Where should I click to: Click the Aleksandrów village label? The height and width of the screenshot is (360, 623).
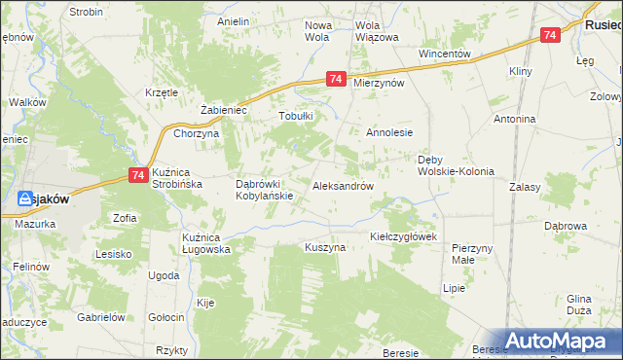(x=344, y=185)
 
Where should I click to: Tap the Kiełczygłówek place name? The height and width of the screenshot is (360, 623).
(x=406, y=236)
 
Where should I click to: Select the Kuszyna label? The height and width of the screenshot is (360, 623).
(x=325, y=248)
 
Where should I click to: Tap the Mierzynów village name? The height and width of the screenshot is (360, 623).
(x=380, y=84)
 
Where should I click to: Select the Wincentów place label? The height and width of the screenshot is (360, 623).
(x=445, y=54)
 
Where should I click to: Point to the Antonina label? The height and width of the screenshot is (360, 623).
(x=515, y=119)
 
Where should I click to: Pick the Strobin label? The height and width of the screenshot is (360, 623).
(x=87, y=12)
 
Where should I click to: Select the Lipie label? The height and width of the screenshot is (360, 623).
(x=454, y=289)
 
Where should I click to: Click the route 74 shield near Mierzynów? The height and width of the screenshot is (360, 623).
(x=336, y=80)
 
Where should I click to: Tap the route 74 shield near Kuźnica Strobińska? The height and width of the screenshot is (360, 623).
(x=137, y=175)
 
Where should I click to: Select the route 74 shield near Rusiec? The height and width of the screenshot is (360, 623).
(x=551, y=35)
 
